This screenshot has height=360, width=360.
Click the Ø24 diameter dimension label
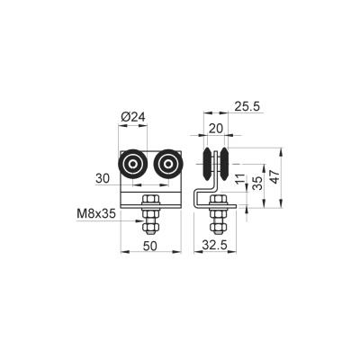pos(133,117)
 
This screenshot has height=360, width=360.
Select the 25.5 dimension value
pos(247,106)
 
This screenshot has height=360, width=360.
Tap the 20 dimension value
pos(216,129)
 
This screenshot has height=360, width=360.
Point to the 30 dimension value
pos(103,179)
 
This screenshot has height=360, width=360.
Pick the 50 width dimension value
pos(150,246)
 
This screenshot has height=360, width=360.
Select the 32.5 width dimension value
pos(214,246)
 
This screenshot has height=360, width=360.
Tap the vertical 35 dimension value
pos(257,183)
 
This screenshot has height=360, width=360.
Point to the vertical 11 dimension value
pos(240,178)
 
